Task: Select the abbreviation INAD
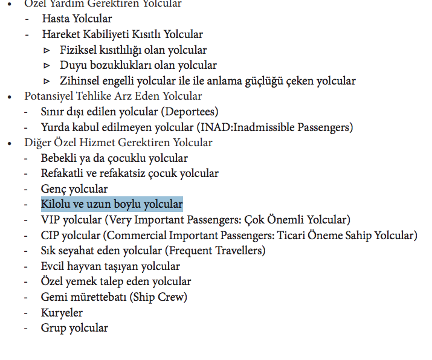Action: click(214, 127)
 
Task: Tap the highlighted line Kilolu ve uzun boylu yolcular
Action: click(112, 204)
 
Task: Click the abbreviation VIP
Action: click(51, 220)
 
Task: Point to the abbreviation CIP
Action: click(50, 236)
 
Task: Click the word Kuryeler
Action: click(62, 313)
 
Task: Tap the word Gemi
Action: click(53, 297)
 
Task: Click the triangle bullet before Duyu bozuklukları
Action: click(47, 65)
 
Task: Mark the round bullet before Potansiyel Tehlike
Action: click(9, 97)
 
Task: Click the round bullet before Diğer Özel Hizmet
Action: click(9, 143)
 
